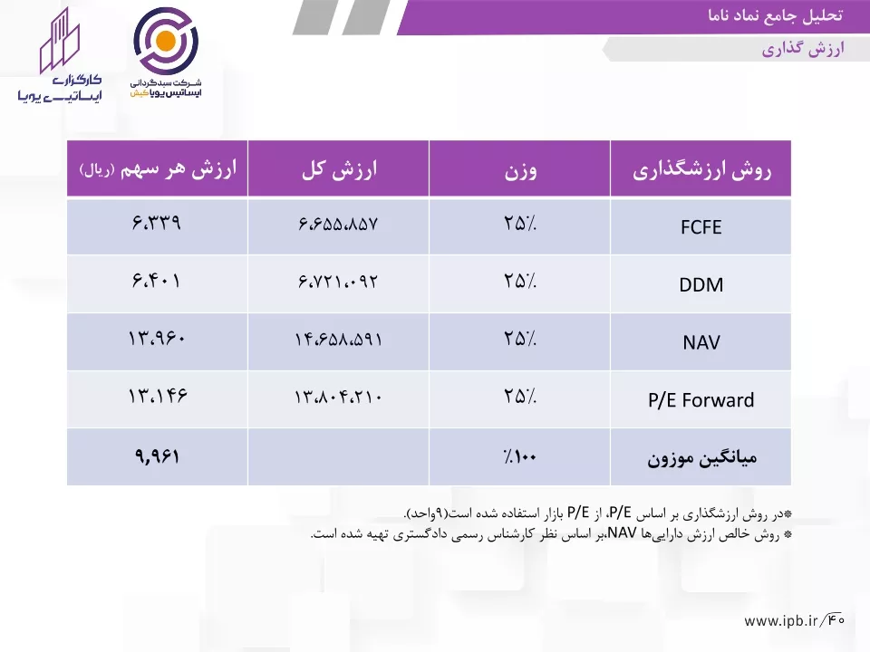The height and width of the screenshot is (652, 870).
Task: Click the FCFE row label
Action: pos(701,227)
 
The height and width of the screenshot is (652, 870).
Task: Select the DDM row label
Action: pos(701,285)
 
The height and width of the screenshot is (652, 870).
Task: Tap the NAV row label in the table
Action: pos(701,342)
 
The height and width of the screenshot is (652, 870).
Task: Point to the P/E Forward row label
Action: pos(701,400)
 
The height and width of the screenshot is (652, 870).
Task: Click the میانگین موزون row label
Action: pos(701,458)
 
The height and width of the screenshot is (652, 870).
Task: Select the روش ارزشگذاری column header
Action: pos(701,170)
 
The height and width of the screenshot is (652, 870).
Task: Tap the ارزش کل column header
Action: pos(340,169)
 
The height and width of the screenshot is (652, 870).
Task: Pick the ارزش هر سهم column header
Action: pos(158,169)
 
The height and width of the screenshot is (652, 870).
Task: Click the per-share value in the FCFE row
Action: pos(157,223)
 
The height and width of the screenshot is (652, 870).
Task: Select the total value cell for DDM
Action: pos(338,281)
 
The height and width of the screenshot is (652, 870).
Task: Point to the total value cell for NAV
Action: pos(338,339)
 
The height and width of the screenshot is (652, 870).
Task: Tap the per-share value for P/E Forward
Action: pos(158,396)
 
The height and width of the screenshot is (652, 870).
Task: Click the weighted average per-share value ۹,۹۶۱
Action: pos(157,456)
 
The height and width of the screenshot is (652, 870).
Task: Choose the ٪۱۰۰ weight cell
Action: pos(520,456)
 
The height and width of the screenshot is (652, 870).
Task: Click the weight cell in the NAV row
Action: pos(520,338)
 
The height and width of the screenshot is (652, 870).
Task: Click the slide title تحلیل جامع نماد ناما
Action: pos(775,15)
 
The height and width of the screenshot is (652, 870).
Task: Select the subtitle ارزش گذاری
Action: pos(803,49)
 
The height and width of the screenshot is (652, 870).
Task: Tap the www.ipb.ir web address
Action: pos(780,621)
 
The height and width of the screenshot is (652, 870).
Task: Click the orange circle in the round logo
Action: pos(166,41)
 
